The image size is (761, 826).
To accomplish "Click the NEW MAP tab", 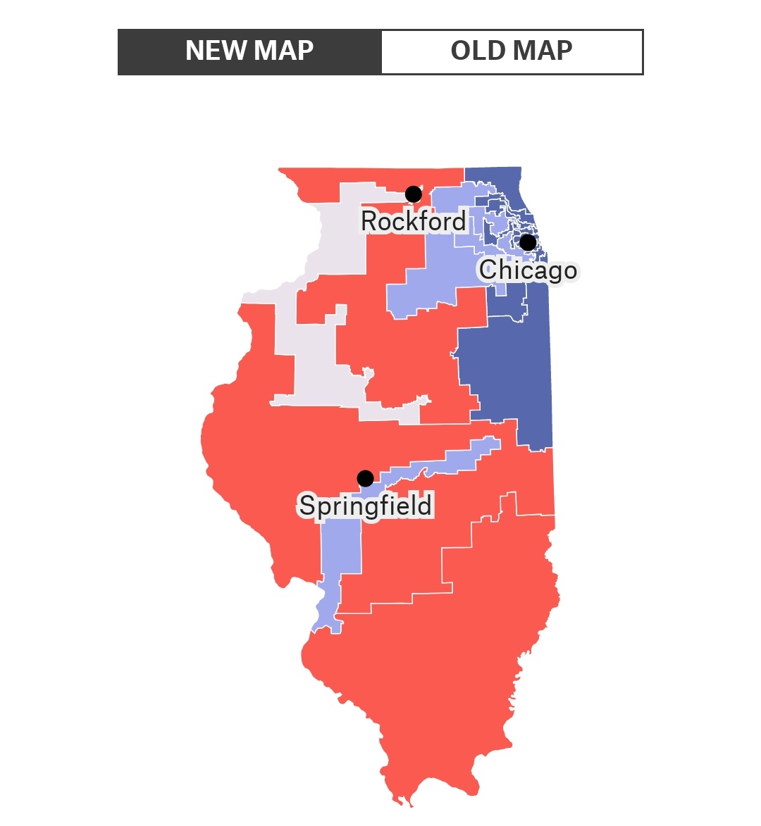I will point(249,51).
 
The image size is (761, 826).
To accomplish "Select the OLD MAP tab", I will point(512,51).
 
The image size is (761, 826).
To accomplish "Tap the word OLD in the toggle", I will point(477,51).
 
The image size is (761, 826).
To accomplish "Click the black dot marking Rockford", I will point(414,194).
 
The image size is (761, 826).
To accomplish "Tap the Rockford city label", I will point(413,221).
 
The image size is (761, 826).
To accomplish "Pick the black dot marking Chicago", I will point(528,242).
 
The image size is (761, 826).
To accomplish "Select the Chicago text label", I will point(528,270).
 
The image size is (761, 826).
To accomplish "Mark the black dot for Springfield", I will point(365,479).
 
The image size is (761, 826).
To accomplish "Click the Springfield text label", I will point(365,506).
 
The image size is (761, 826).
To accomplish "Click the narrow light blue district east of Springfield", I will point(451,461).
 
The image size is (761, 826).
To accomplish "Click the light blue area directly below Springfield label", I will point(342,549).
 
